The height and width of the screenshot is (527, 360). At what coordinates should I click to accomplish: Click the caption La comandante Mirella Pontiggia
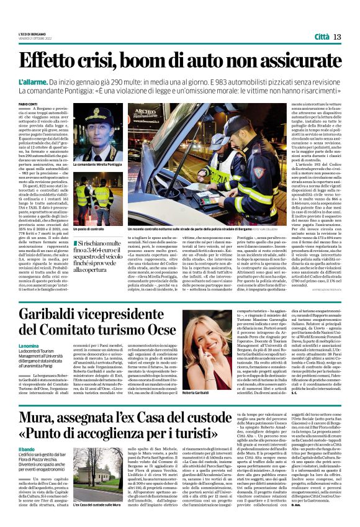(x=97, y=164)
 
